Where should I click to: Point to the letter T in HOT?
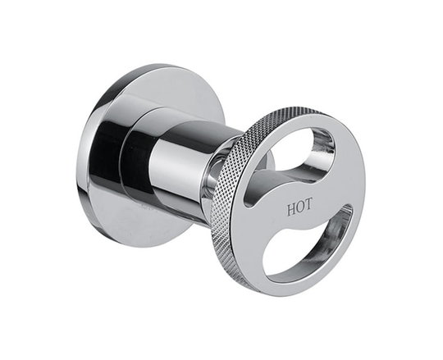click(308, 204)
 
